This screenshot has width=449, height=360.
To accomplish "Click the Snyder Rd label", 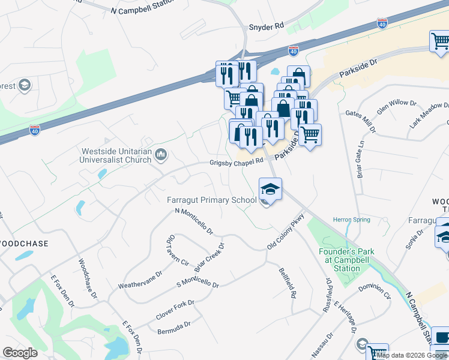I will tap(266, 27).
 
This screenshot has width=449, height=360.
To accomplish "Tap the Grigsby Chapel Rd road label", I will tap(236, 162).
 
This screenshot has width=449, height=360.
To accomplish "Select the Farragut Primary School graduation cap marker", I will tap(270, 190).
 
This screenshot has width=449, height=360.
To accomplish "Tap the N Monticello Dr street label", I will tap(194, 220).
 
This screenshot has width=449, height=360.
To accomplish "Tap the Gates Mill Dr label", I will tap(360, 121).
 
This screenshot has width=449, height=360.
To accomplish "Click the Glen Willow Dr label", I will tap(396, 107).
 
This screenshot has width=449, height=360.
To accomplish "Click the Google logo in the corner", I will tap(20, 352).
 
